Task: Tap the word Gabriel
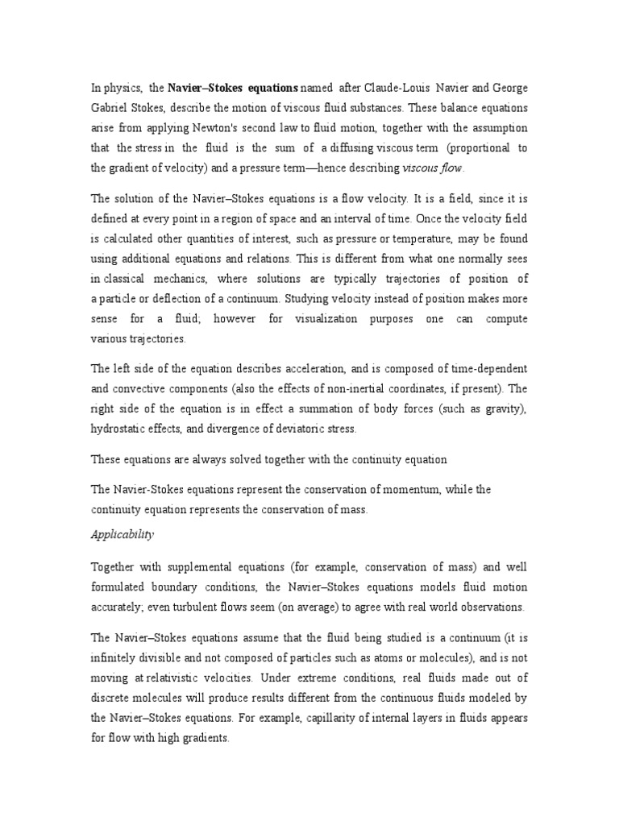[x=110, y=107]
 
